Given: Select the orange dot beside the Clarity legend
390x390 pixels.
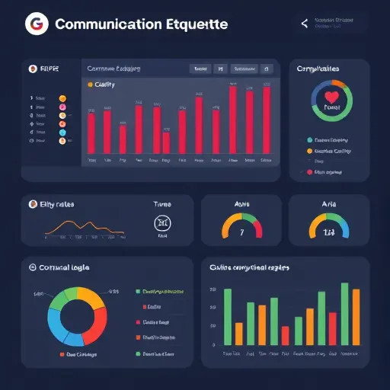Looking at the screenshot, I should [91, 85].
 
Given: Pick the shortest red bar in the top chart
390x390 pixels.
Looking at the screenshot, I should [166, 143].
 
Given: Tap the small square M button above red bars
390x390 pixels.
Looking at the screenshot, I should [219, 69].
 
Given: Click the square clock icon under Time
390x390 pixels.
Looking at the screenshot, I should [161, 222].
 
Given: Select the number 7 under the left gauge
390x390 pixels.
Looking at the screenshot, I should [241, 232].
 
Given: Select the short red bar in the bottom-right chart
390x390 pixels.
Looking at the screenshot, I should [285, 336].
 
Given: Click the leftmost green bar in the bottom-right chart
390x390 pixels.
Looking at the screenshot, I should [227, 318].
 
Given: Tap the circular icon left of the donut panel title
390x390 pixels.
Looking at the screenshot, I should [32, 267].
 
